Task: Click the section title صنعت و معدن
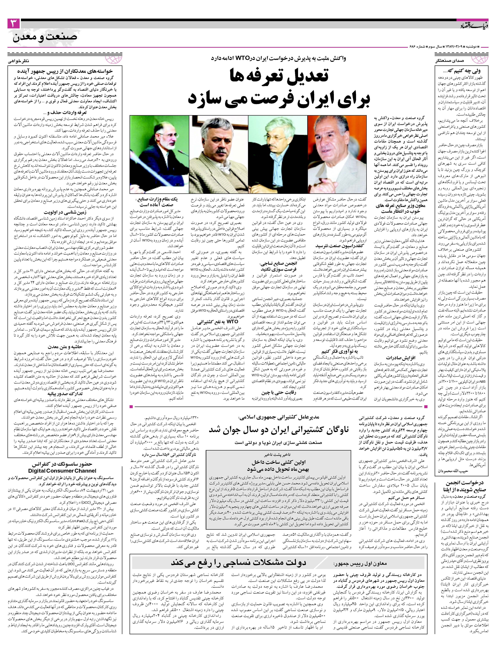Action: (45, 37)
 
